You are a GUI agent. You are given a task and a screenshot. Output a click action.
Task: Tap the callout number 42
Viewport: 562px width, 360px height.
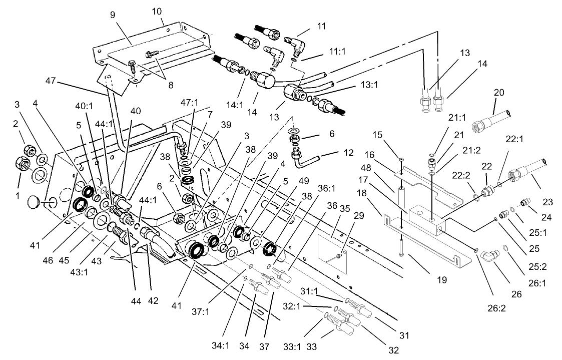click(153, 301)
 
